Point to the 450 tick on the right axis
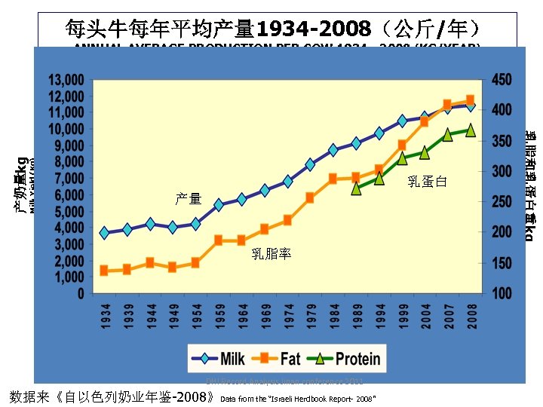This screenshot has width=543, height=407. [502, 80]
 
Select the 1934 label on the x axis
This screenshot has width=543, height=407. [105, 316]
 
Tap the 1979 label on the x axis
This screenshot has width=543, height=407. [311, 316]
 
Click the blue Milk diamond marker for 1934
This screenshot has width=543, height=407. [105, 233]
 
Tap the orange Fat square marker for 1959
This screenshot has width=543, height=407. [219, 240]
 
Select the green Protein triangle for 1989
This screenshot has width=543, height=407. [357, 188]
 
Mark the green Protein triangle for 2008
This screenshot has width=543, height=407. [471, 130]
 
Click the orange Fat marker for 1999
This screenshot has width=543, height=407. [403, 145]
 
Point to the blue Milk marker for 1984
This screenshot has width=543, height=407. [333, 150]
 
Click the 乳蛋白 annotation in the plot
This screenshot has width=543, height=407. [427, 181]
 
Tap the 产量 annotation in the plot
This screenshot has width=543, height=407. [189, 198]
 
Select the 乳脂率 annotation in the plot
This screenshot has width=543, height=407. [271, 254]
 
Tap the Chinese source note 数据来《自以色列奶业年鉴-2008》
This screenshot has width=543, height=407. [112, 396]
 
